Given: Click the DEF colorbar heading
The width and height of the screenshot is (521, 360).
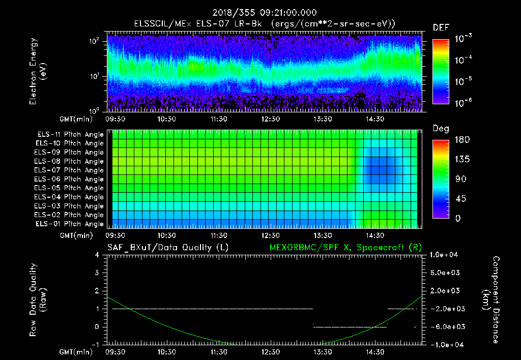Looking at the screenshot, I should tap(441, 27).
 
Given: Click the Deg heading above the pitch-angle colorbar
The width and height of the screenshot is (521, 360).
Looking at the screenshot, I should tap(441, 129).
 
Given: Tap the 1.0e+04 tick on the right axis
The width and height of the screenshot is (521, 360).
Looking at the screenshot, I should tap(446, 255).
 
